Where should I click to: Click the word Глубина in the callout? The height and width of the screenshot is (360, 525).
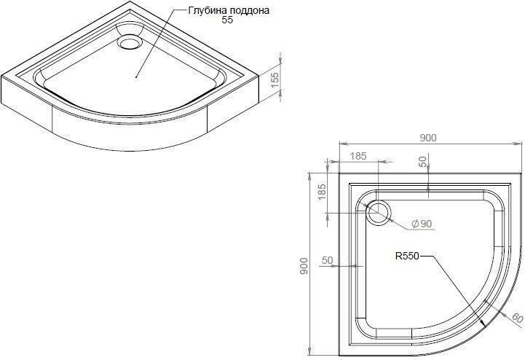tap(205, 10)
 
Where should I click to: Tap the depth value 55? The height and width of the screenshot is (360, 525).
tap(227, 20)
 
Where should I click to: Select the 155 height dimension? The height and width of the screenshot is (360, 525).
tap(275, 80)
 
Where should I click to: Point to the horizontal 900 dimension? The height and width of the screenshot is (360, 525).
tap(427, 138)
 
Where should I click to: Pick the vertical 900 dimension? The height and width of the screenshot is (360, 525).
tap(304, 266)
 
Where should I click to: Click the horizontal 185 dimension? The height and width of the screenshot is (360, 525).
tap(358, 156)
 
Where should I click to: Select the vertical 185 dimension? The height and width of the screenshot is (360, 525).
tap(322, 192)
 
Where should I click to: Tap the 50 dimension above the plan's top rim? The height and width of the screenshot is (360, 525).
tap(423, 162)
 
